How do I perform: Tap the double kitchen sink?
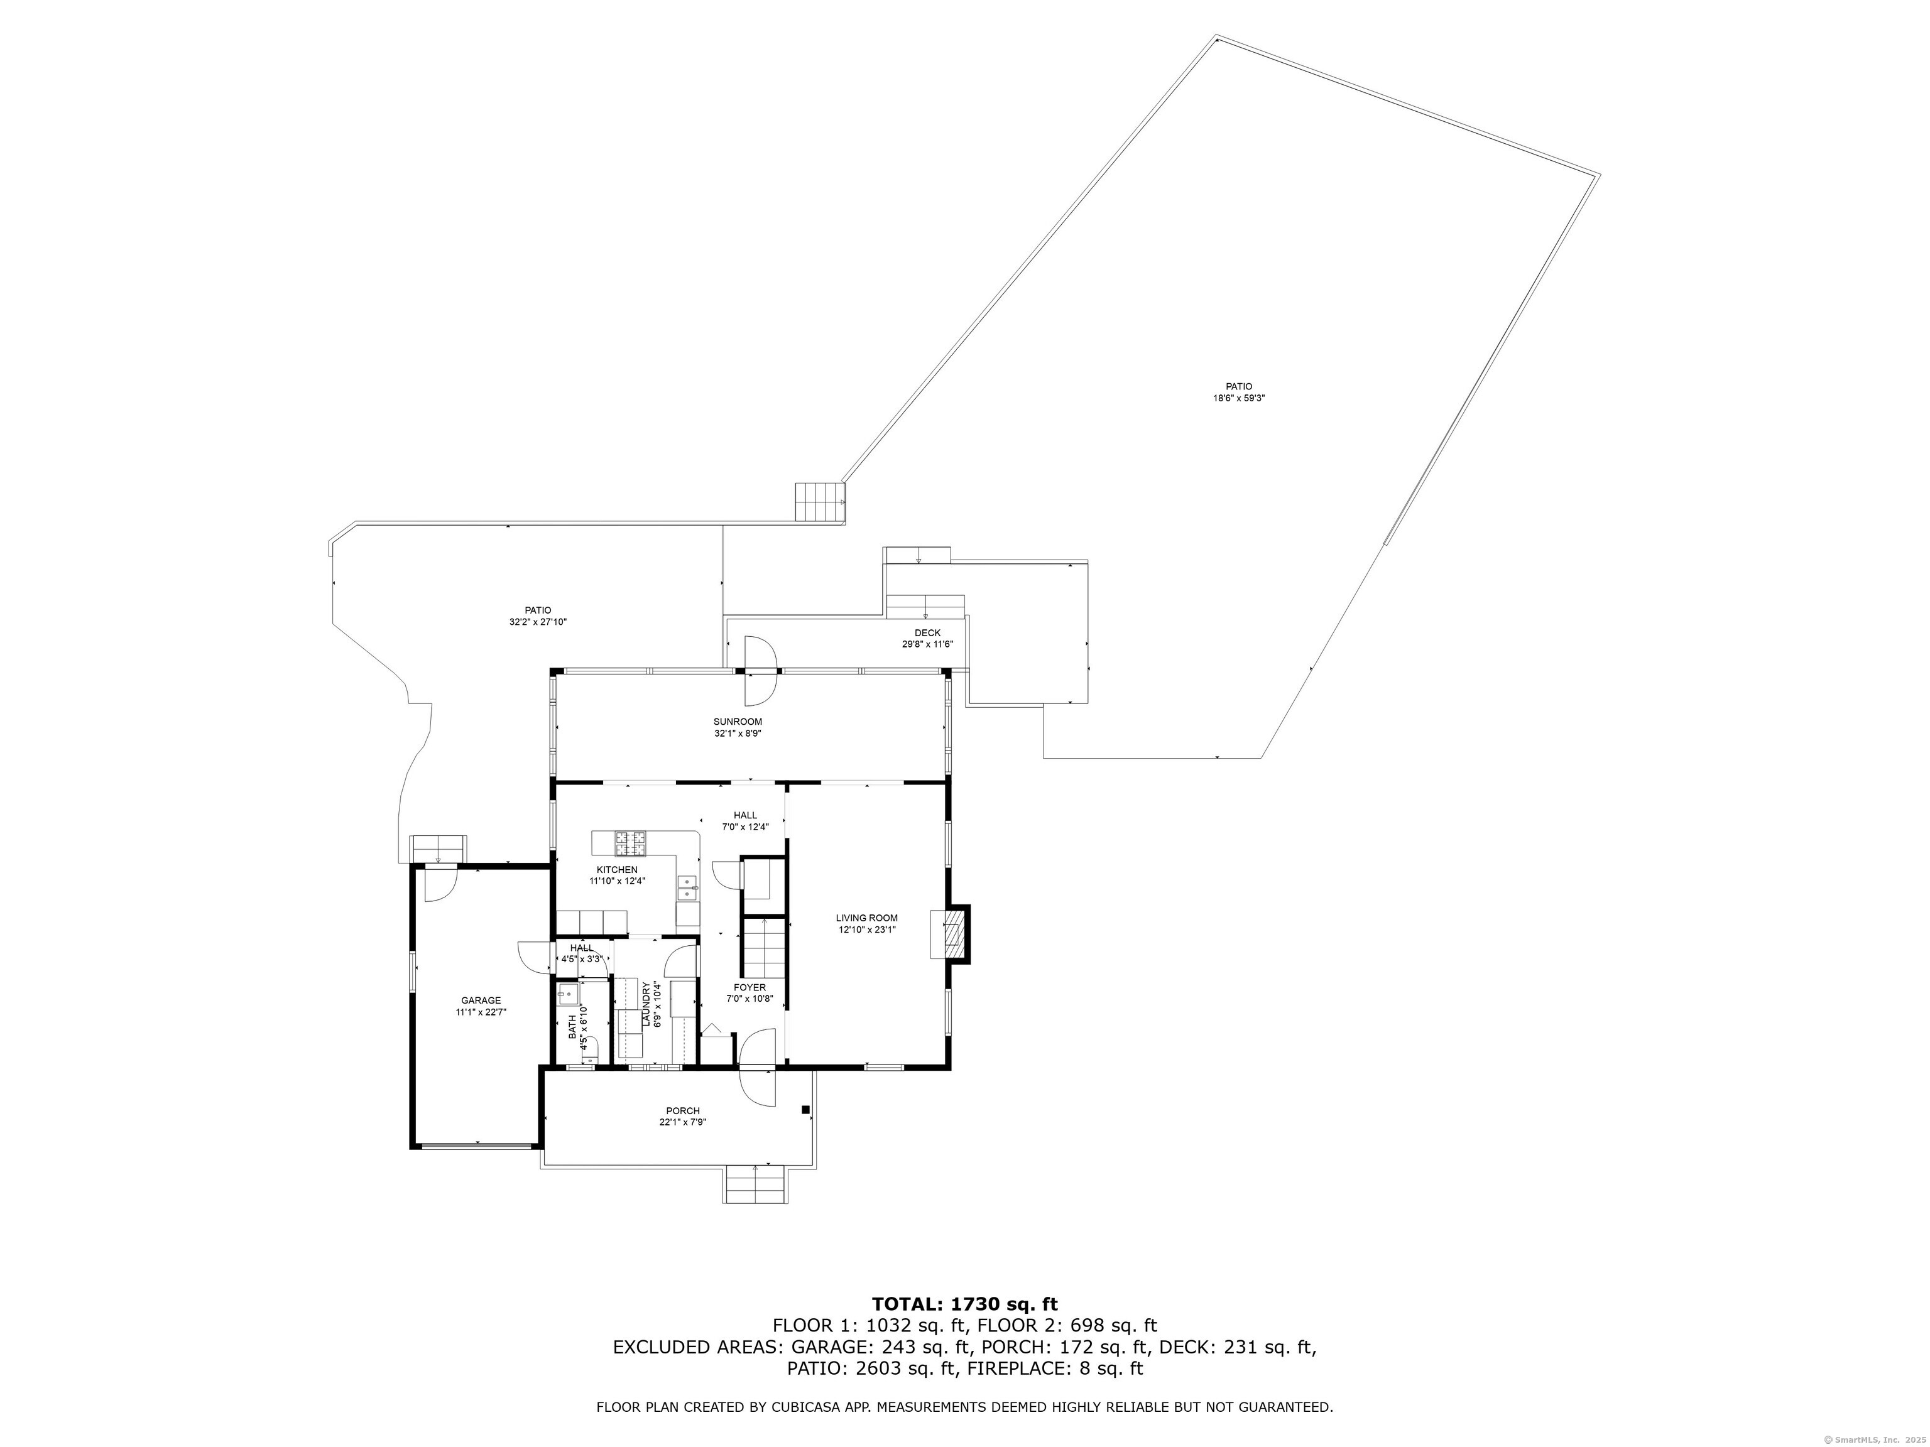click(687, 888)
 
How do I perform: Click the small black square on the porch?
click(805, 1110)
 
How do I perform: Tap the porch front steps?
click(756, 1184)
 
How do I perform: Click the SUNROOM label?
click(738, 722)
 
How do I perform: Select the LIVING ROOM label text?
click(866, 918)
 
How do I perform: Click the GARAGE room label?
click(481, 1000)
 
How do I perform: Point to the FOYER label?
click(750, 987)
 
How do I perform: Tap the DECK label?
click(927, 633)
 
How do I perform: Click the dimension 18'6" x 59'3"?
click(1239, 398)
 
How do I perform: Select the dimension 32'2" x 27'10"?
click(538, 622)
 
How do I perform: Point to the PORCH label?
click(682, 1110)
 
